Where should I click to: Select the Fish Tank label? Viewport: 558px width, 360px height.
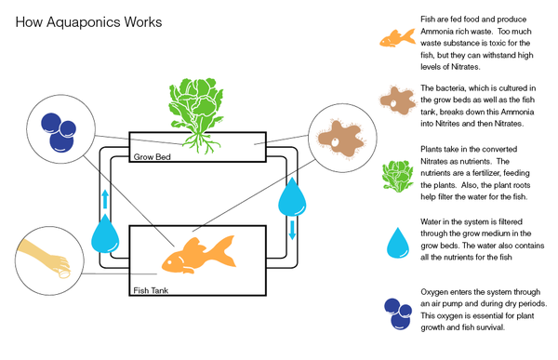coord(153,290)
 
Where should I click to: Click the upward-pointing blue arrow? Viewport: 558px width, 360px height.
coord(106,197)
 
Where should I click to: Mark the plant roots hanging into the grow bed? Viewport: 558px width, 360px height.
coord(198,140)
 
